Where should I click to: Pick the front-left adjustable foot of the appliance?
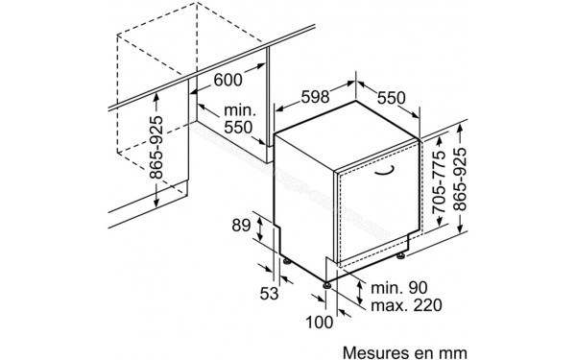328,285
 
